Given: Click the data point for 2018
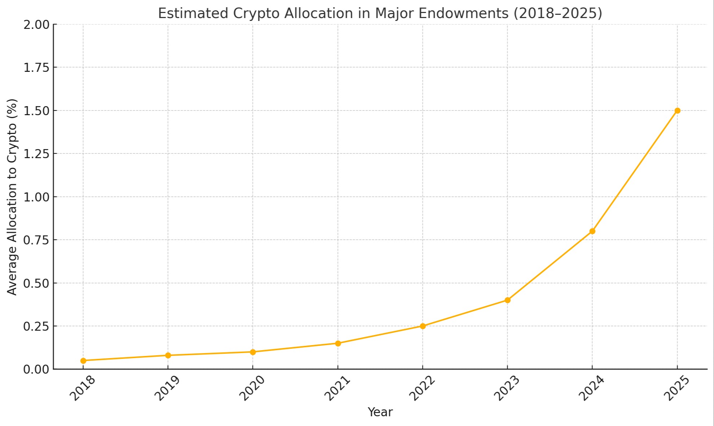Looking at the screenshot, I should point(83,361).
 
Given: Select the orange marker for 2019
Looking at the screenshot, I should point(168,355).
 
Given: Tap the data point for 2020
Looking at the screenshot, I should point(253,352).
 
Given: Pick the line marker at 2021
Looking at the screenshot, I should point(338,343).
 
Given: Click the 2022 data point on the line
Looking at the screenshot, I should point(422,326).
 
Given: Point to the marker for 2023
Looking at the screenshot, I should point(507,300).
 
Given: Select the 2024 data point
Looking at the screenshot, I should point(592,231).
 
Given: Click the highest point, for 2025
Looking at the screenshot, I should point(677,110).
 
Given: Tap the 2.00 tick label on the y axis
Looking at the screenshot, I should point(36,25).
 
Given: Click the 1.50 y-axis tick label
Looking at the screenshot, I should point(36,111).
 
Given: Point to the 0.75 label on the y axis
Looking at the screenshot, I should point(36,240).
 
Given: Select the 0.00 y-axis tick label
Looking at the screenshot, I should point(36,369).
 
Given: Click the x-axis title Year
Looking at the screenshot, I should point(380,412).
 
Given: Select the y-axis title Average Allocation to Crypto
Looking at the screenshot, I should point(12,197).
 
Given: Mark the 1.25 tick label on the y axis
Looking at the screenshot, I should point(36,154).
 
